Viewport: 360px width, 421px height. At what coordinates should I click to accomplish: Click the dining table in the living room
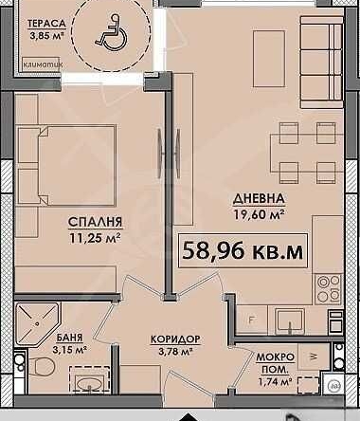[x=298, y=153]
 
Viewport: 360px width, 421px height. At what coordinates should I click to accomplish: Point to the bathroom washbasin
[x=88, y=385]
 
